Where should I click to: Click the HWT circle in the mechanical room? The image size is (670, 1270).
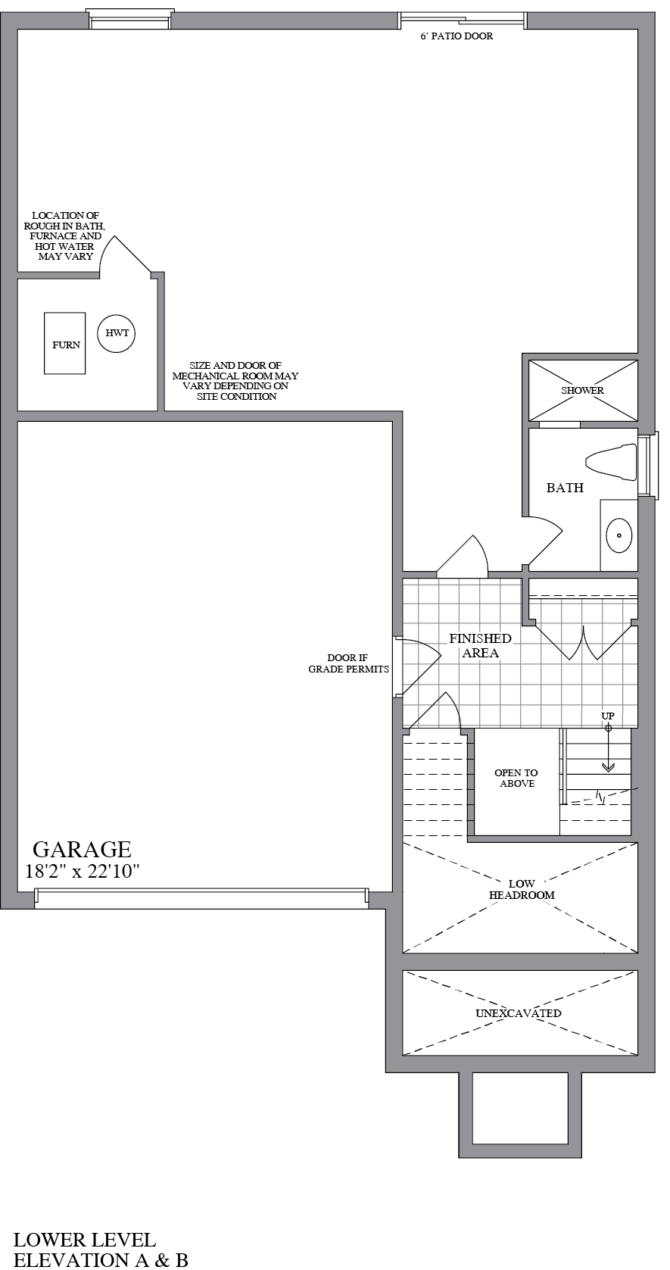[117, 333]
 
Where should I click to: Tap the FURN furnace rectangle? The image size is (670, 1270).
[64, 343]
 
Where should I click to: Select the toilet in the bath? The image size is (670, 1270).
[611, 461]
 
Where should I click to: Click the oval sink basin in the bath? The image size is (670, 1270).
[619, 535]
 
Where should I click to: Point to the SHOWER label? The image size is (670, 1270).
[582, 390]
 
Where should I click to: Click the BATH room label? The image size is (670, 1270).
[565, 488]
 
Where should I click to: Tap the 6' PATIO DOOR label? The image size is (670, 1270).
[457, 36]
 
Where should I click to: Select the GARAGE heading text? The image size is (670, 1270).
[83, 849]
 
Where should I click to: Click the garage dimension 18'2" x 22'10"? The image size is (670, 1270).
[83, 871]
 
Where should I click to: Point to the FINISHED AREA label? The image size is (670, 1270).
[480, 646]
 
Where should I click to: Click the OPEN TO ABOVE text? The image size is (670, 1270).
[516, 778]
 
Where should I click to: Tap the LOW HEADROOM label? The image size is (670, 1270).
[522, 889]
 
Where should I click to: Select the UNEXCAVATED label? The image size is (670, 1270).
[519, 1013]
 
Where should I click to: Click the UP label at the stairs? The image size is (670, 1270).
[608, 716]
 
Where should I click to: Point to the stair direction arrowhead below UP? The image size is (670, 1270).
[608, 767]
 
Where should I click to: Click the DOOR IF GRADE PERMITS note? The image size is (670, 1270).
[348, 663]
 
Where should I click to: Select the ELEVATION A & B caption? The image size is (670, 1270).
[101, 1260]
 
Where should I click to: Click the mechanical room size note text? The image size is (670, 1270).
[235, 381]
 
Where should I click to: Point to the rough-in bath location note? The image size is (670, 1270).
[65, 236]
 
